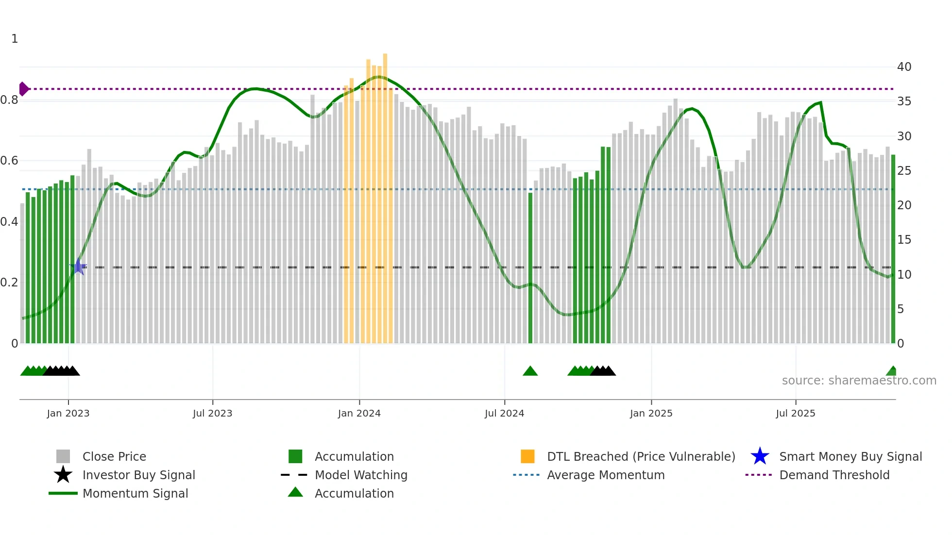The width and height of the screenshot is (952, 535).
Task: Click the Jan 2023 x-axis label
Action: [x=68, y=413]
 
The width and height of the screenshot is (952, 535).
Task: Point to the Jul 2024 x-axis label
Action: [x=504, y=413]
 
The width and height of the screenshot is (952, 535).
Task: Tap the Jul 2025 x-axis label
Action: [x=795, y=413]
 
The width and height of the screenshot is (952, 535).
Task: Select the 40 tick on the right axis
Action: [x=904, y=67]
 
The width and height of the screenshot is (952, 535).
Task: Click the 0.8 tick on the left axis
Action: [x=10, y=100]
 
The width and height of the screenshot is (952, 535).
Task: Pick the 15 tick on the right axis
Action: [x=904, y=240]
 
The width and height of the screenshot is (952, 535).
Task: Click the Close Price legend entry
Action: [x=114, y=456]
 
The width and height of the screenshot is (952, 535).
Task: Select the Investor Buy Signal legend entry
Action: [x=138, y=475]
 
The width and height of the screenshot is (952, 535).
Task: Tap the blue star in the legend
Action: [x=760, y=456]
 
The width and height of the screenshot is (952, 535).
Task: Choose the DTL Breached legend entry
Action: [x=641, y=456]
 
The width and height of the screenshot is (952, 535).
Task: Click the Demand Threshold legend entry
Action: [x=834, y=475]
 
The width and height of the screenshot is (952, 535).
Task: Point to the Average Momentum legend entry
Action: [x=605, y=475]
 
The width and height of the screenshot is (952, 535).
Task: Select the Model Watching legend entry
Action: [x=361, y=475]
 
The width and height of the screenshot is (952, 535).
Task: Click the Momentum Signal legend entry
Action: [x=135, y=493]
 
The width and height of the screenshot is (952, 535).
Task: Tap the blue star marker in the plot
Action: [x=78, y=267]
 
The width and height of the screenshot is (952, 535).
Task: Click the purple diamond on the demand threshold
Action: [x=23, y=89]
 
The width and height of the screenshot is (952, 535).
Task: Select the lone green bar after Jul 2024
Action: [x=530, y=267]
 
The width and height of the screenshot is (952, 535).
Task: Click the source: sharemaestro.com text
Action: [x=859, y=381]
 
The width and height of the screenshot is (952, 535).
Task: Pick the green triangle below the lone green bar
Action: [x=530, y=371]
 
